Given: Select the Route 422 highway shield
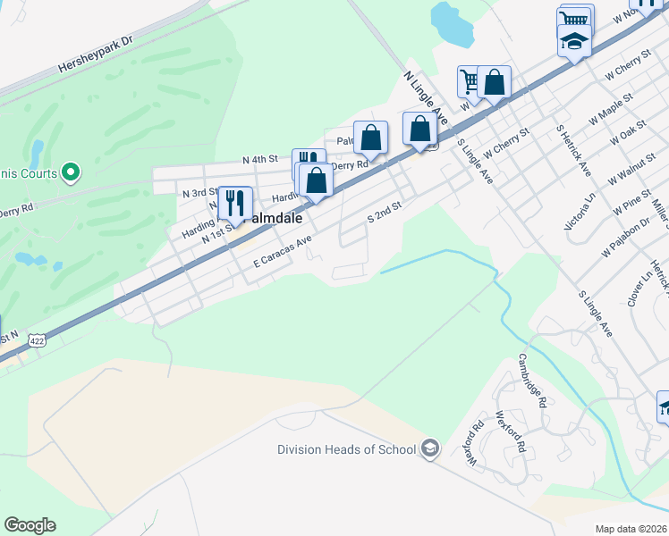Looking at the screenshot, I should (37, 340).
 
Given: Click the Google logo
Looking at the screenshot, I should (30, 525).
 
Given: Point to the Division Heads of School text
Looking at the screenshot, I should (347, 449).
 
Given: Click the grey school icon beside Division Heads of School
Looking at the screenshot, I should (430, 448).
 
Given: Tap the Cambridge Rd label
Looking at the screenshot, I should (531, 381).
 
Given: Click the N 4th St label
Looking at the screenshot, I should (261, 159).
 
